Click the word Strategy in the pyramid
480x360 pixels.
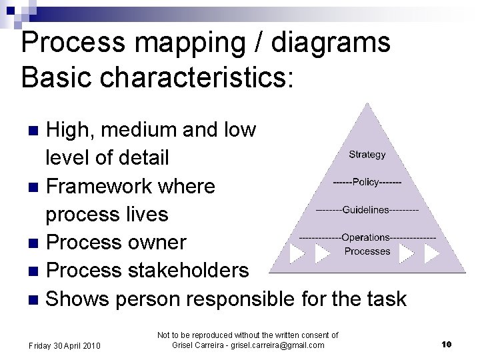pyautogui.click(x=367, y=155)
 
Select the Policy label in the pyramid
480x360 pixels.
pyautogui.click(x=367, y=181)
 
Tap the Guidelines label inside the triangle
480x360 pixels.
pyautogui.click(x=366, y=210)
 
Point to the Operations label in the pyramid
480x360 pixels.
pyautogui.click(x=367, y=237)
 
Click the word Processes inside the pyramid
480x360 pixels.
pyautogui.click(x=367, y=251)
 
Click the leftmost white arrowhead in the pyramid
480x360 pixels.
pyautogui.click(x=297, y=253)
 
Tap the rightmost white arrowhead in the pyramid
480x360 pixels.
pyautogui.click(x=431, y=253)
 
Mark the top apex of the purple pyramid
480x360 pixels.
pyautogui.click(x=366, y=105)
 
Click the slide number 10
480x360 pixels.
pyautogui.click(x=447, y=344)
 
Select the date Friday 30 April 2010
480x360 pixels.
pyautogui.click(x=65, y=345)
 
